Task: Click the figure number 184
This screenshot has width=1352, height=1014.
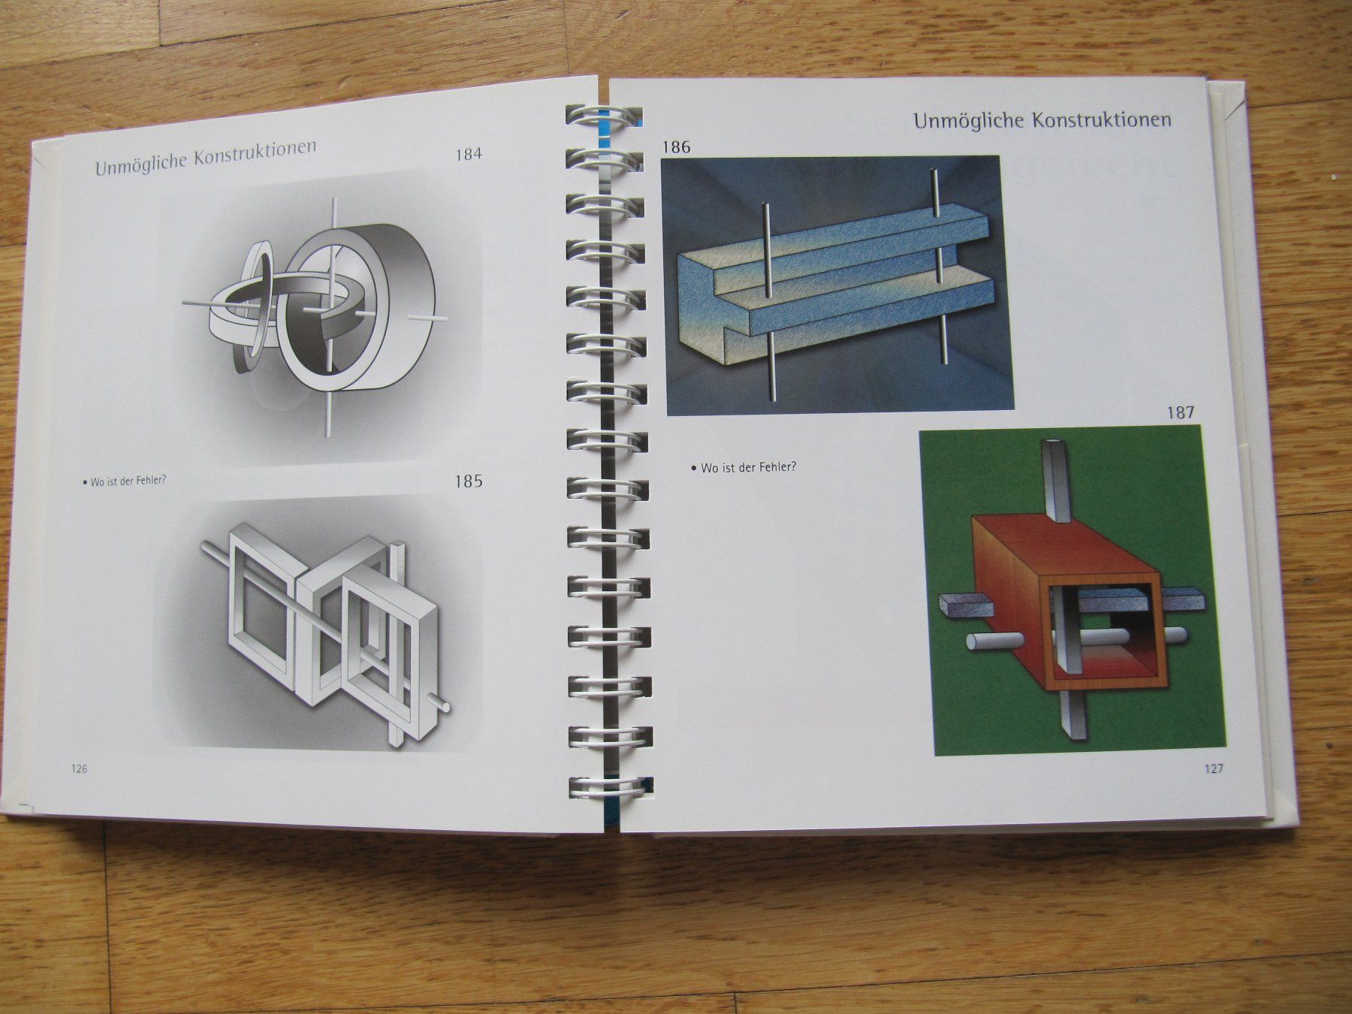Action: tap(469, 155)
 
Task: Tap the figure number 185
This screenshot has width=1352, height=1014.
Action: tap(469, 481)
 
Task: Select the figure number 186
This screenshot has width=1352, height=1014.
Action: tap(676, 147)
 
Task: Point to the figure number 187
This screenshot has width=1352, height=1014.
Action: tap(1180, 412)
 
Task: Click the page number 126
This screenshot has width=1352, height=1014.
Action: tap(79, 768)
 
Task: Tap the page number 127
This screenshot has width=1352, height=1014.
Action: tap(1214, 768)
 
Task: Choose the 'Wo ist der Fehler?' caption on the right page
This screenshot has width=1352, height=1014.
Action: tap(744, 467)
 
